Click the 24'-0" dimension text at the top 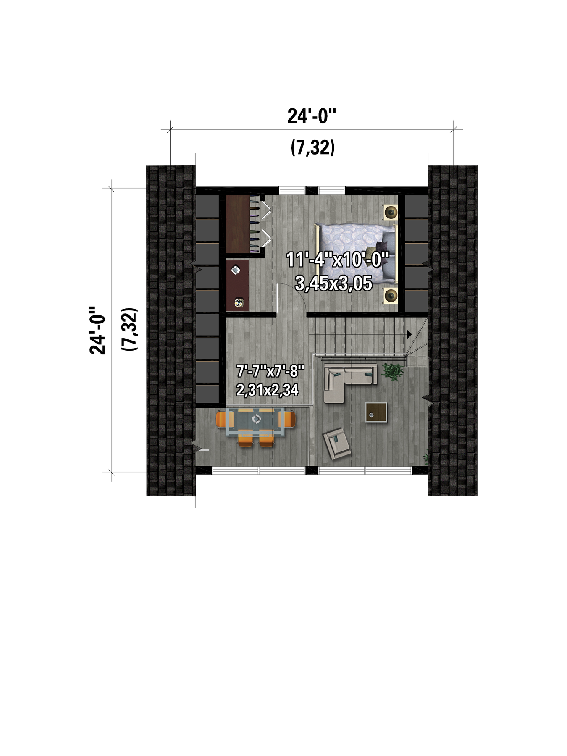(x=312, y=116)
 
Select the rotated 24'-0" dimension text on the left (x=97, y=330)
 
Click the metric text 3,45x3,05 (x=333, y=283)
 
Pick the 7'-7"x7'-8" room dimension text (x=270, y=371)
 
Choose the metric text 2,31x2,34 (x=268, y=390)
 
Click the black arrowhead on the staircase (x=409, y=334)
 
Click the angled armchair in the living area (x=336, y=444)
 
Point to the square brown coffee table (x=376, y=412)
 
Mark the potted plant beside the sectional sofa (x=393, y=372)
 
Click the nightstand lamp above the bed (x=391, y=212)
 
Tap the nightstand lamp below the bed (x=391, y=296)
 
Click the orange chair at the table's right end (x=290, y=420)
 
